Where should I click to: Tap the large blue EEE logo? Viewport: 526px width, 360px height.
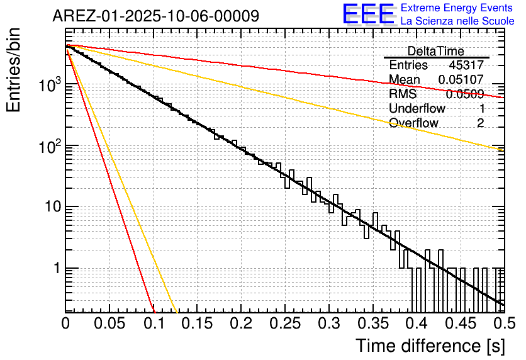pyautogui.click(x=368, y=14)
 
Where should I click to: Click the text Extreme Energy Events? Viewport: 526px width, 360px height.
pyautogui.click(x=457, y=8)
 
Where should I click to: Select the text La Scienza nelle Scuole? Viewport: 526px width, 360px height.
pyautogui.click(x=457, y=21)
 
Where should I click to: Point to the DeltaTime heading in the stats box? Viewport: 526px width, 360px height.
pyautogui.click(x=435, y=51)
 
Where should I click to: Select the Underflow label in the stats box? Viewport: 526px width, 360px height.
pyautogui.click(x=417, y=109)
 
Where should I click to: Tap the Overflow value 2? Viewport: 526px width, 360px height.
pyautogui.click(x=480, y=123)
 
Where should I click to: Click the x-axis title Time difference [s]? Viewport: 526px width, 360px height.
pyautogui.click(x=430, y=346)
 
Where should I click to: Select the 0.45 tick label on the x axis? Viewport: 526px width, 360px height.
pyautogui.click(x=460, y=323)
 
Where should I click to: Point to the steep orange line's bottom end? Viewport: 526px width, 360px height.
pyautogui.click(x=177, y=311)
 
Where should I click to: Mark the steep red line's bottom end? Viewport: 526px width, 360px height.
pyautogui.click(x=154, y=311)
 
